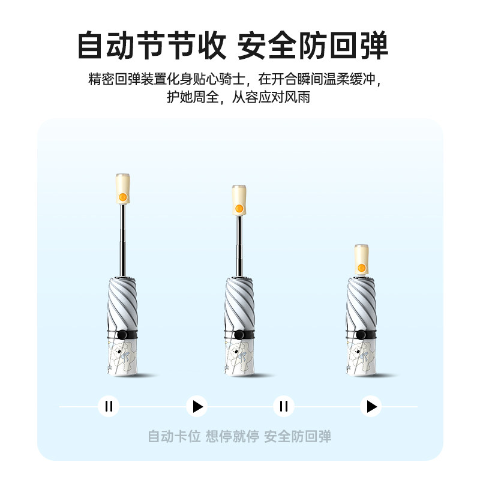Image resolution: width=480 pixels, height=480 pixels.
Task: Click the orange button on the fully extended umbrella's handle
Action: pos(122,197)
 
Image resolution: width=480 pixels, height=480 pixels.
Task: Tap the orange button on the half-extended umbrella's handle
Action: pos(239,208)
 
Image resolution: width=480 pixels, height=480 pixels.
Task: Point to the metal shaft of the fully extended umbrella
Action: pos(123,240)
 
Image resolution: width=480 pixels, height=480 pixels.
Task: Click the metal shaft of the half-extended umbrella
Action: pos(239,246)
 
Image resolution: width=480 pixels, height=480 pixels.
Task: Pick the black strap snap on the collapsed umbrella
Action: pos(362,335)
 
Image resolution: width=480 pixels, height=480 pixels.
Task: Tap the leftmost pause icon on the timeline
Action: pos(109,406)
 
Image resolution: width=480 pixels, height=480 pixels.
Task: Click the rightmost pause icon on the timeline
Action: pos(284,406)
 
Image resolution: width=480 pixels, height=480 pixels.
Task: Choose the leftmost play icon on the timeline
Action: pos(197,406)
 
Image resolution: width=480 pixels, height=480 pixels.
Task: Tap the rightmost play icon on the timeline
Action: pos(371,406)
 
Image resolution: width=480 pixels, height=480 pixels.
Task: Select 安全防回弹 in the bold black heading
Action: pos(313,46)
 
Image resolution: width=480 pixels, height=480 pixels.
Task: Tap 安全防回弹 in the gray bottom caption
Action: pos(298,436)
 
